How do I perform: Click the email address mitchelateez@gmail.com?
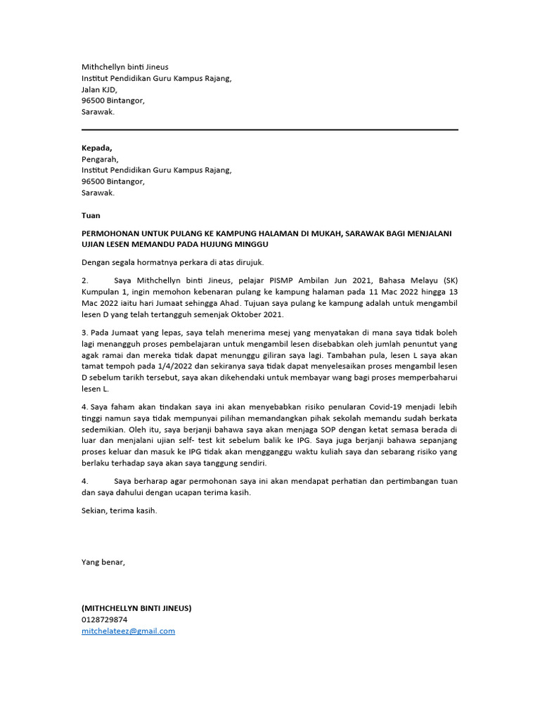(128, 631)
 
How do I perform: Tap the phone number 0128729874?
(105, 619)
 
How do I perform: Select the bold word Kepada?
(96, 148)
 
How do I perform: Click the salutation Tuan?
(91, 215)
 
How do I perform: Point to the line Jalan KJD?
(99, 89)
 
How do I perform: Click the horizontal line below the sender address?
(269, 129)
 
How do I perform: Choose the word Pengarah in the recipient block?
(100, 159)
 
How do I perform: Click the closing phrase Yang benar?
(103, 562)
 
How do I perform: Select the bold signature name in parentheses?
(136, 607)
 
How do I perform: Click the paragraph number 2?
(84, 280)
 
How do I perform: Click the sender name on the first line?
(125, 67)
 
